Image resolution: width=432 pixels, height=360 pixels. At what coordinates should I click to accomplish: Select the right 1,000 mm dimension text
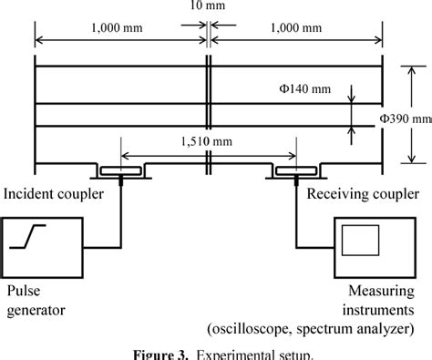296,29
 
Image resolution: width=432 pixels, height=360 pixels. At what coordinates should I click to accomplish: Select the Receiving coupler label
363,193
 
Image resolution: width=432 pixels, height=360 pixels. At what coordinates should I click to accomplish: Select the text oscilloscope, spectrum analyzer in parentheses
310,327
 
